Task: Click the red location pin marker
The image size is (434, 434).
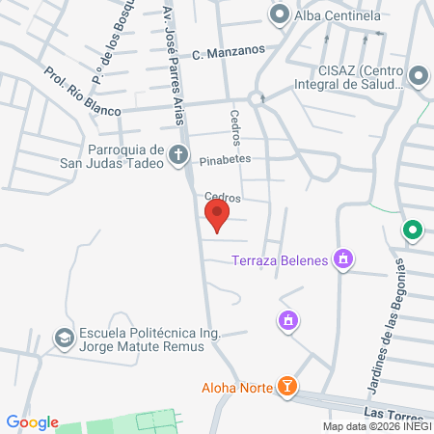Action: pos(218,214)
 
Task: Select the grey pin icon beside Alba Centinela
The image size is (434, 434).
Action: pos(280,14)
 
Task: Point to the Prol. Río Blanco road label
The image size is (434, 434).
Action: pos(82,92)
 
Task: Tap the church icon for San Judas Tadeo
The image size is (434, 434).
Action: pos(177,154)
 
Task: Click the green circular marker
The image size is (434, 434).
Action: pos(412,231)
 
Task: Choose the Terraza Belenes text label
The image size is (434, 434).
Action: pos(280,258)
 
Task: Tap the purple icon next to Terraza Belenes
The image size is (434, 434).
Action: pos(340,258)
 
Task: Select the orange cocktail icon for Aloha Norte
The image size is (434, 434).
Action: pos(286,387)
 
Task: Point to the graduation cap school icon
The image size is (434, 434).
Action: pos(64,339)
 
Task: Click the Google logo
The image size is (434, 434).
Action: pos(32,421)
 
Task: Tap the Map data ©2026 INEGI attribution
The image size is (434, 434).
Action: pos(376,426)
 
